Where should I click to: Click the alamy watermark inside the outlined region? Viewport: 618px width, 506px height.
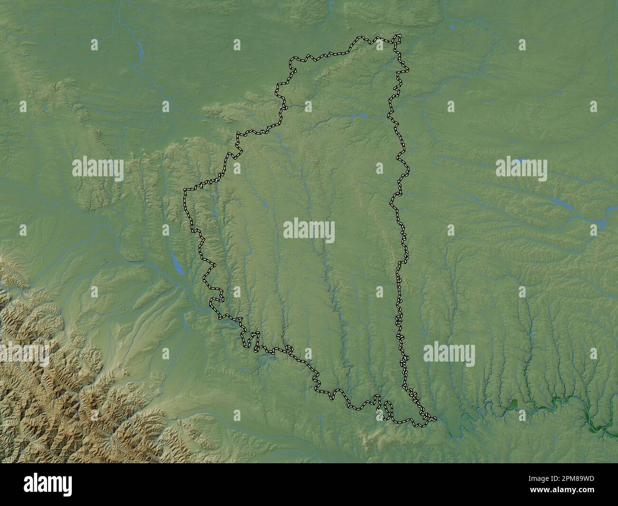click(x=309, y=230)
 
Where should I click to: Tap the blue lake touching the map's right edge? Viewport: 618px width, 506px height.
click(x=603, y=221)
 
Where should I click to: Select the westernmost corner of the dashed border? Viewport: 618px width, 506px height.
click(x=185, y=191)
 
